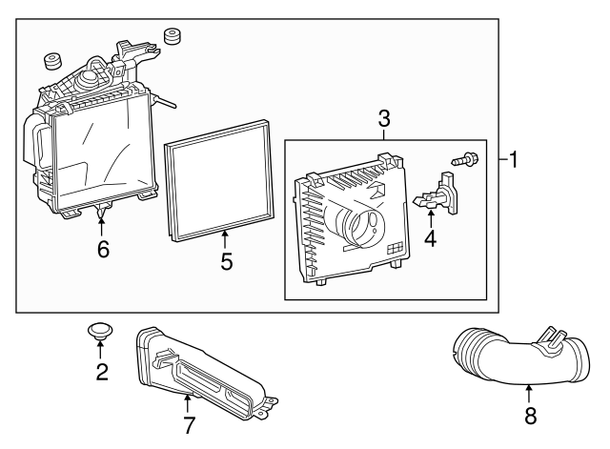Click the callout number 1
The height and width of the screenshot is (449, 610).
[x=514, y=159]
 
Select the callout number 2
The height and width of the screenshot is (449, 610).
[x=102, y=372]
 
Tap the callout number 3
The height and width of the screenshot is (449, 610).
[x=384, y=118]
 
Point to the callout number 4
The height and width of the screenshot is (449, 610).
[x=430, y=238]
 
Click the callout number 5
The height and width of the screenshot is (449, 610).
[x=227, y=261]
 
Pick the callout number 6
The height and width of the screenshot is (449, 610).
[x=103, y=249]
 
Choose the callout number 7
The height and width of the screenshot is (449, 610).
[x=189, y=425]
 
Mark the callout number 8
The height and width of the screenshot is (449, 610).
[x=531, y=415]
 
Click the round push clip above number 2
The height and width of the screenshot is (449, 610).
[x=99, y=331]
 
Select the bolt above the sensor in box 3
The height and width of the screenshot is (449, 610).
[x=465, y=159]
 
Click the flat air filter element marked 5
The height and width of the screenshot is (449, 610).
[x=219, y=181]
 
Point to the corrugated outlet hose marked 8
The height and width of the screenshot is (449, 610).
[x=521, y=356]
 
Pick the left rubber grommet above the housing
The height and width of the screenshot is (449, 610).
[x=52, y=61]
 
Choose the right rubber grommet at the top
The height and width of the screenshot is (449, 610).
[x=173, y=36]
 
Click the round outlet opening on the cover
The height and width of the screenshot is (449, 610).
[x=367, y=227]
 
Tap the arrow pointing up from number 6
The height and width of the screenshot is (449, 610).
[x=102, y=227]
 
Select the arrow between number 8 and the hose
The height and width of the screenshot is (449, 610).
[x=529, y=394]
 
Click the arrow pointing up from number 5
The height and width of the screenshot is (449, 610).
[x=225, y=239]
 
